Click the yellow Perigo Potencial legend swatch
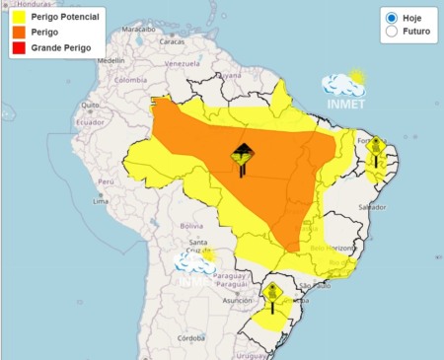(18, 17)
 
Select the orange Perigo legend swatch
(18, 32)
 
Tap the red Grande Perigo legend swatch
(18, 46)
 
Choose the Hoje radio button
(392, 18)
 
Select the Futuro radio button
(392, 32)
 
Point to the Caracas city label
(173, 41)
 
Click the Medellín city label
(111, 60)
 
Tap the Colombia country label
(130, 80)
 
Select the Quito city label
(89, 104)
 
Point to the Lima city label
(100, 200)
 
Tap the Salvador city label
(371, 206)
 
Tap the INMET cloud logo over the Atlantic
(345, 89)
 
